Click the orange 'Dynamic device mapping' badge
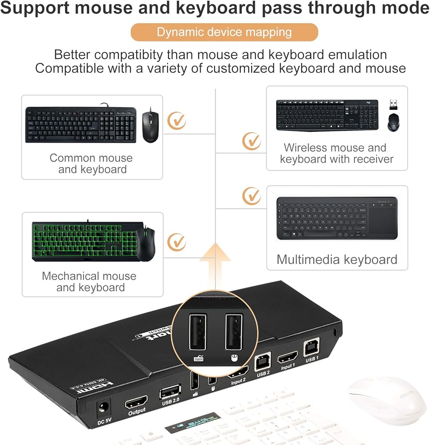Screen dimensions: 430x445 tap(224, 32)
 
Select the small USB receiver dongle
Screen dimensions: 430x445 tap(394, 104)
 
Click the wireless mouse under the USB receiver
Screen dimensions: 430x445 tap(394, 122)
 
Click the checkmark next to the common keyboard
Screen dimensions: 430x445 tap(177, 121)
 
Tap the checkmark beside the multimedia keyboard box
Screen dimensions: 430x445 tap(252, 196)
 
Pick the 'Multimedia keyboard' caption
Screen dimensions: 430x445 tap(337, 259)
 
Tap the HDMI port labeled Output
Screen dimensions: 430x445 tap(137, 404)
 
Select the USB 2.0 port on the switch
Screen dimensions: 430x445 tap(170, 392)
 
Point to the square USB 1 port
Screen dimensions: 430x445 tap(311, 348)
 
